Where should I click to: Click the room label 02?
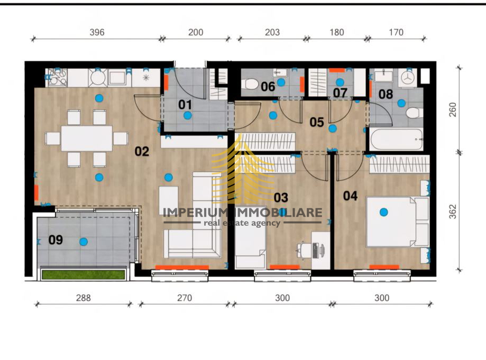[142, 152]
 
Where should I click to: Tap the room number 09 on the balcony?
[56, 240]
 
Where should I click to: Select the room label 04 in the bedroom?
[350, 196]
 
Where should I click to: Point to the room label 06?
[268, 87]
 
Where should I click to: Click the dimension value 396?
[97, 32]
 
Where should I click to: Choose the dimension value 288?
[83, 298]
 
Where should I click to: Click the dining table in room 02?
[87, 139]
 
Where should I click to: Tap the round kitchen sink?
[98, 78]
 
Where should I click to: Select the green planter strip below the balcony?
[84, 274]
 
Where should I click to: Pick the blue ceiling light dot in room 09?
[83, 242]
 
